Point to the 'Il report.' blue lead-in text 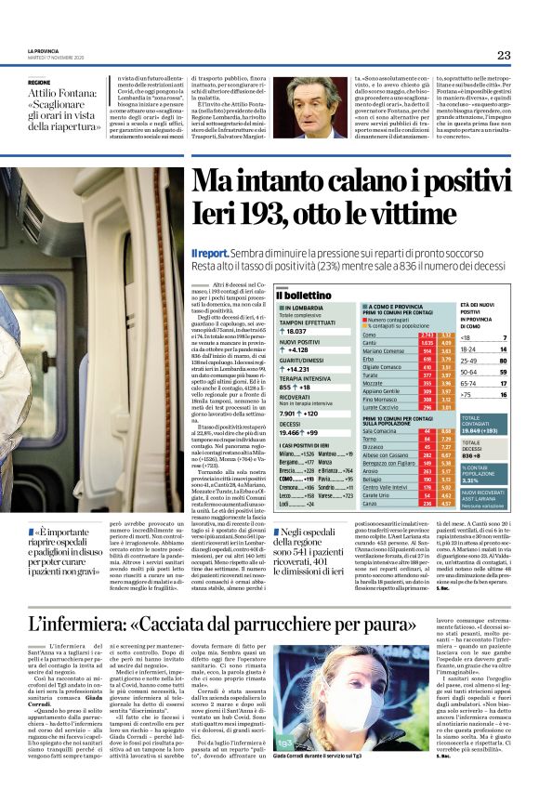(x=211, y=253)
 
